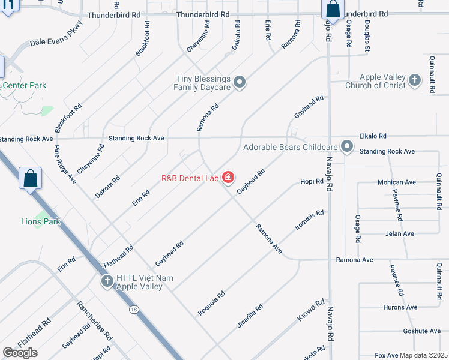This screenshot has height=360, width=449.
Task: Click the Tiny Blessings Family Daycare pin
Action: (x=240, y=82)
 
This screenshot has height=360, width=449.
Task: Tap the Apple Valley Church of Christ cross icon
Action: (x=414, y=80)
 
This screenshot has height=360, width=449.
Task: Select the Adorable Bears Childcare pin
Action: (x=347, y=146)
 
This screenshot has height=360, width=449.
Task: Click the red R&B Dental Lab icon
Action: (x=228, y=178)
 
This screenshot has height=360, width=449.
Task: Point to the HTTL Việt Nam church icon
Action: (x=107, y=281)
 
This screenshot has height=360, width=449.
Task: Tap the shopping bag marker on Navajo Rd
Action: (x=333, y=10)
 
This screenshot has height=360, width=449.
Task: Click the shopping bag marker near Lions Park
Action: (x=30, y=179)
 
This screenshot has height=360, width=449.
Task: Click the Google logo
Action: (x=20, y=353)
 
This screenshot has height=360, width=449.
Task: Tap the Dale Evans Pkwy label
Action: (x=56, y=34)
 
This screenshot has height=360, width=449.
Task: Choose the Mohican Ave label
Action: (x=397, y=182)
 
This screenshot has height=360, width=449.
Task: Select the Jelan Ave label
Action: (x=400, y=233)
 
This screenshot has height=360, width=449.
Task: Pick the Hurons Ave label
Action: (x=400, y=307)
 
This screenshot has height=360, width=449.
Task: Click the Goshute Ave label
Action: (x=423, y=331)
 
